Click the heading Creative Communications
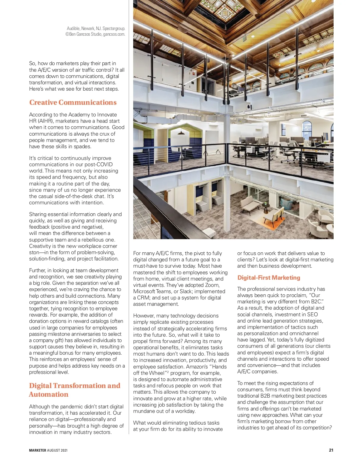(73, 103)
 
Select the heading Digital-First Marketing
(268, 278)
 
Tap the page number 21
(331, 450)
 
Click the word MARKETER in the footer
(37, 450)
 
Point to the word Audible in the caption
(73, 29)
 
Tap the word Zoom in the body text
(212, 285)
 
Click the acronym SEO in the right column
(312, 314)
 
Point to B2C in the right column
(317, 302)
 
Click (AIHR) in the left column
(46, 121)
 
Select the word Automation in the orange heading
(49, 395)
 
